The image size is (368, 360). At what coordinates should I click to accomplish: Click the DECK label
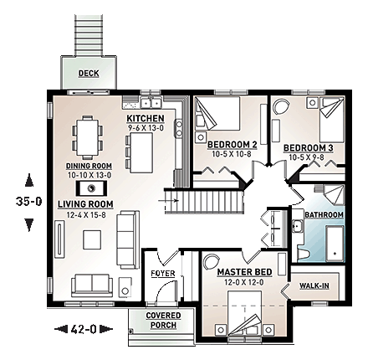(88, 74)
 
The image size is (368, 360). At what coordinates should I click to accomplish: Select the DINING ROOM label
(87, 166)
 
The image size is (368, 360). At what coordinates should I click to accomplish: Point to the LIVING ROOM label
(85, 203)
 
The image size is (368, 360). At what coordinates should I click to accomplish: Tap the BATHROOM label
(325, 215)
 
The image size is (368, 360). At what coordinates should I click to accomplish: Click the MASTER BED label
(242, 273)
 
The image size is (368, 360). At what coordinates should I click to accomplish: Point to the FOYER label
(161, 273)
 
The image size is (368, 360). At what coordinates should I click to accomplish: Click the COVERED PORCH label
(163, 320)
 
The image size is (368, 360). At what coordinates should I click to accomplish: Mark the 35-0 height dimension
(30, 202)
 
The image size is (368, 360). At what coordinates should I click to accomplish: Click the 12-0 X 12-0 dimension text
(242, 283)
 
